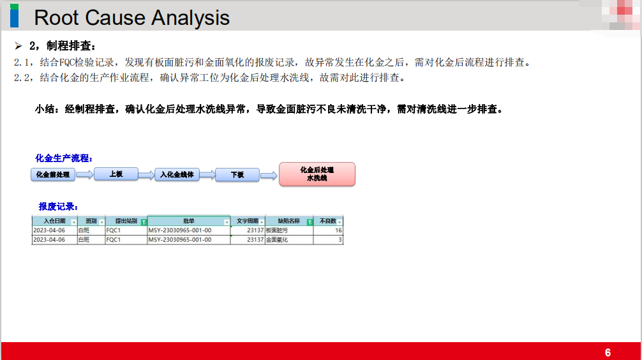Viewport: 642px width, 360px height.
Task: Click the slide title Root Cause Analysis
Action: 131,18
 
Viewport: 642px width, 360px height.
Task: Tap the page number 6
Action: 608,352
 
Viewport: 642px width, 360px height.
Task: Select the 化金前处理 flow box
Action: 53,174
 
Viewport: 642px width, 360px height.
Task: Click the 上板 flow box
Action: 116,174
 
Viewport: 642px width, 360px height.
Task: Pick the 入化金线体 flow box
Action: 177,174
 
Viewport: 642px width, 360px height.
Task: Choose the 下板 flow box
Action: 237,174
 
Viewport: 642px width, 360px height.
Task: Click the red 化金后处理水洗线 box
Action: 317,174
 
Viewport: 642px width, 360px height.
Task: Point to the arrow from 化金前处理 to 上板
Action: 85,175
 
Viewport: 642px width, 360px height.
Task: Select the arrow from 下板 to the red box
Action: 269,176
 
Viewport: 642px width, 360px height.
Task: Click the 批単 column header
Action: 189,221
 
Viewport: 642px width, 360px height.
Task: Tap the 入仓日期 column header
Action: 54,221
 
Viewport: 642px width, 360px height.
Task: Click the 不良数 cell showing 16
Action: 328,230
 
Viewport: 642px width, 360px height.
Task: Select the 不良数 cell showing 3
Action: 328,239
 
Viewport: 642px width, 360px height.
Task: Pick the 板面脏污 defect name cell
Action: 289,230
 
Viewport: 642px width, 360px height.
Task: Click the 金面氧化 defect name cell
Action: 289,239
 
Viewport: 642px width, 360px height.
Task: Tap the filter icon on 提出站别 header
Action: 144,222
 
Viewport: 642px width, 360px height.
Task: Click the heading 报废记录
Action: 58,206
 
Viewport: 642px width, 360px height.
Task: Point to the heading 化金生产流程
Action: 64,158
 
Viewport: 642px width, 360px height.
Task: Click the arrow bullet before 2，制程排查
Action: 19,46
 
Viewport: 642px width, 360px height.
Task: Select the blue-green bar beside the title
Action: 14,15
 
